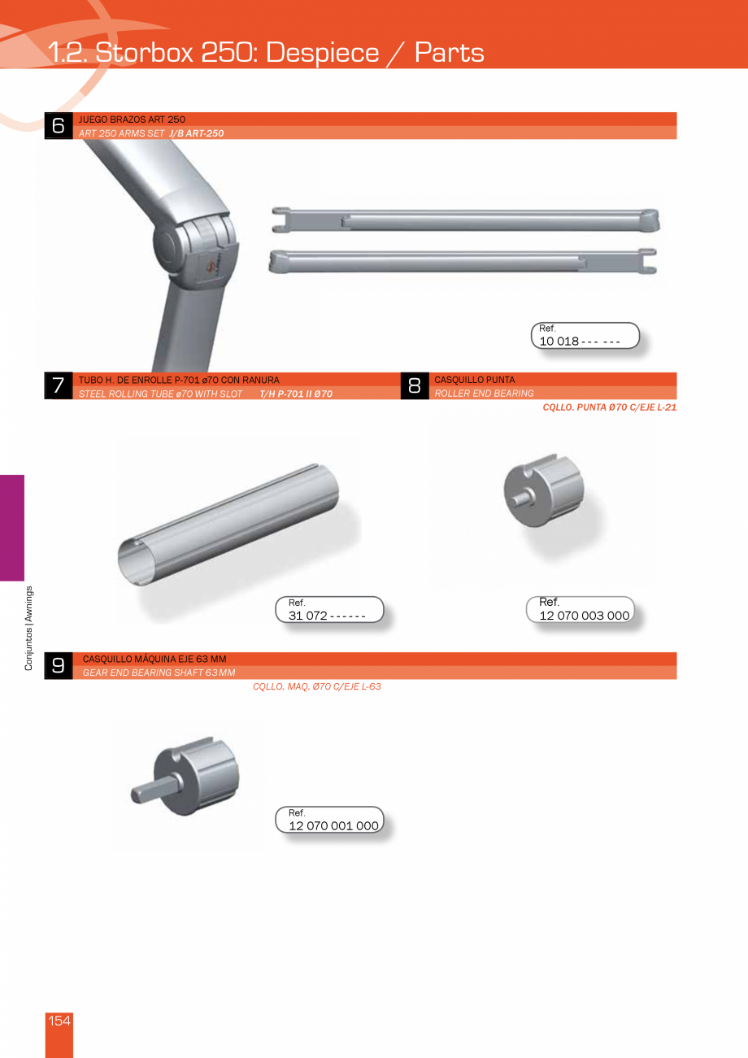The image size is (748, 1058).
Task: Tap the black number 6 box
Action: tap(59, 126)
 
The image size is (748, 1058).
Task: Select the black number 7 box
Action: tap(59, 386)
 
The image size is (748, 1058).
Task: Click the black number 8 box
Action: tap(414, 386)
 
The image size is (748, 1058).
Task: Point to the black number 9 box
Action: tap(59, 665)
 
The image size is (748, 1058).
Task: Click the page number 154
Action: tap(59, 1021)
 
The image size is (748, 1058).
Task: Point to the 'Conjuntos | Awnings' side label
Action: tap(28, 628)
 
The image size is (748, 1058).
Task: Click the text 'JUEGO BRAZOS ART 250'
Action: tap(132, 120)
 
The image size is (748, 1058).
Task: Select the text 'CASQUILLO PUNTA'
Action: tap(474, 380)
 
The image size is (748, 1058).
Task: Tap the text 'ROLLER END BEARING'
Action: tap(484, 394)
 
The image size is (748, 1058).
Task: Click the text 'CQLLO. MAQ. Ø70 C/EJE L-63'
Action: tap(317, 686)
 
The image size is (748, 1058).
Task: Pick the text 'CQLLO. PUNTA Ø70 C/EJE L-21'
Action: tap(609, 407)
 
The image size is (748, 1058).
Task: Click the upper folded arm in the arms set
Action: tap(465, 220)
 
